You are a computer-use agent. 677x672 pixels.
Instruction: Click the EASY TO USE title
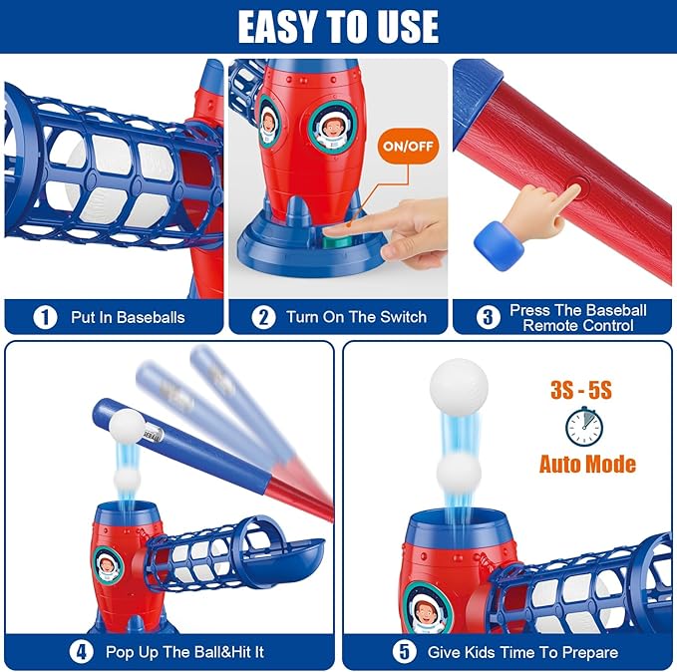pos(338,27)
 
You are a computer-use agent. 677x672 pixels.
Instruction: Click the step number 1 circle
pos(44,317)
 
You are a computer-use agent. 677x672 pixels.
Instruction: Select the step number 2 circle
pos(263,317)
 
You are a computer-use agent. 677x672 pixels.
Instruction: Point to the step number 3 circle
pos(488,317)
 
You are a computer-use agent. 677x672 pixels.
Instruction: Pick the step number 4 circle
pos(80,652)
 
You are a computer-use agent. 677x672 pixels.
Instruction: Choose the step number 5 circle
pos(402,652)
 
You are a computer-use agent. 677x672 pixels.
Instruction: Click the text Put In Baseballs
pos(128,317)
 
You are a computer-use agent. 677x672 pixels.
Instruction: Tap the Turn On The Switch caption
pos(356,317)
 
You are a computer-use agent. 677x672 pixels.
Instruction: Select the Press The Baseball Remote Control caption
pos(577,317)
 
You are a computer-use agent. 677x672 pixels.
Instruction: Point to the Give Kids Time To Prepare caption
pos(522,652)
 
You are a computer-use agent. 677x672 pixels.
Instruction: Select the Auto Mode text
pos(587,464)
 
